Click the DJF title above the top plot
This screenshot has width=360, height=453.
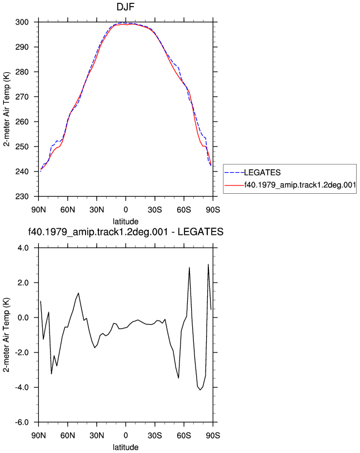[x=126, y=7]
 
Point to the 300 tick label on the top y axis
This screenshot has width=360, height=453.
[x=22, y=22]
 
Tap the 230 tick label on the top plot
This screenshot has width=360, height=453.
[x=22, y=197]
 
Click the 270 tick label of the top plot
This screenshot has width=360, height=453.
[x=22, y=97]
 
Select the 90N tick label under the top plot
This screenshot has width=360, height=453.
[x=38, y=210]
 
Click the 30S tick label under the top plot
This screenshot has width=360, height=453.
[x=154, y=210]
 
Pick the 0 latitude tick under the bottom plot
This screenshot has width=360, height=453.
[x=126, y=435]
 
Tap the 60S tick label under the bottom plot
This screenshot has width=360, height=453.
[x=184, y=435]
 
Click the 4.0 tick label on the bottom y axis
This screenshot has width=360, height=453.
[x=23, y=248]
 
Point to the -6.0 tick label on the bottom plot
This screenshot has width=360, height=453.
[x=22, y=422]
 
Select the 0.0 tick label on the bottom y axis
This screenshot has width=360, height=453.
[x=23, y=318]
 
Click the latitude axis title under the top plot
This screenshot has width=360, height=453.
[x=126, y=222]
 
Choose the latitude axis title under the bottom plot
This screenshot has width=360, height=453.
[x=126, y=447]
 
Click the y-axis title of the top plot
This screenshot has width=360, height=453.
[x=7, y=109]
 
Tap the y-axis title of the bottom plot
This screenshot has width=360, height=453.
[x=7, y=335]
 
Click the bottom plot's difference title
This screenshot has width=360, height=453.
[x=126, y=232]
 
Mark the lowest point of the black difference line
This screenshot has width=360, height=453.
[x=200, y=390]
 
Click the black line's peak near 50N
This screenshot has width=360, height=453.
[x=78, y=293]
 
